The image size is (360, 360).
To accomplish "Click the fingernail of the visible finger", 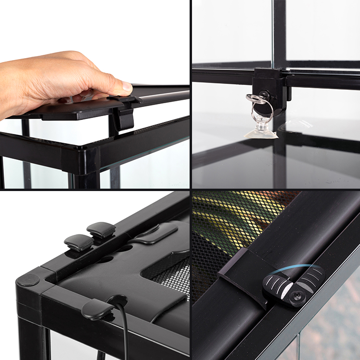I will [127, 87].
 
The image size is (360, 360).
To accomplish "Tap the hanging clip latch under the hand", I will [124, 118].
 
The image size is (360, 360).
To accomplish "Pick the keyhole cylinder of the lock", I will [264, 95].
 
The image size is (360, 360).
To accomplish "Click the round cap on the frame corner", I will [30, 280].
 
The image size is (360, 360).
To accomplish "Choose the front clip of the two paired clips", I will [79, 242].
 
